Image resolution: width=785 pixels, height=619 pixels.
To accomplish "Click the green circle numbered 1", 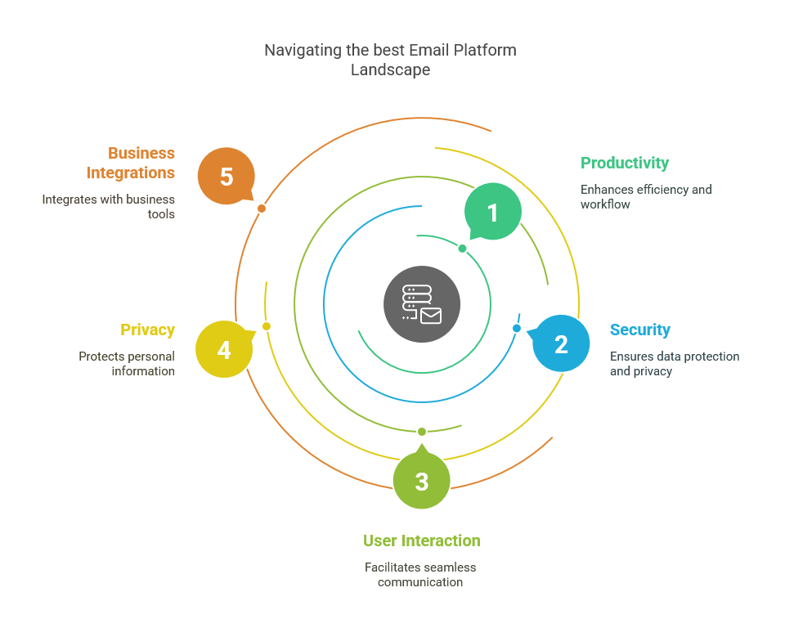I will tap(493, 212).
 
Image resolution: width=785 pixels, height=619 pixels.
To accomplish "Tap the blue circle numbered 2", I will tap(561, 343).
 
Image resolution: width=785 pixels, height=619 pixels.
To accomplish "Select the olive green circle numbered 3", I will tap(422, 481).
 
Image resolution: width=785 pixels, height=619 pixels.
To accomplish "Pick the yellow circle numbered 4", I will tap(224, 350).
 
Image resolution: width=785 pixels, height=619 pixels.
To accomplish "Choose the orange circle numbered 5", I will tap(227, 176).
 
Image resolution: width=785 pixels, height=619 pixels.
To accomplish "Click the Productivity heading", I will tap(625, 163).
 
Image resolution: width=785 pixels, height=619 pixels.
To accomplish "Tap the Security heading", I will tap(640, 330).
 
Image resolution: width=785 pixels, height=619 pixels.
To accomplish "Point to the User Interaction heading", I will tap(422, 541).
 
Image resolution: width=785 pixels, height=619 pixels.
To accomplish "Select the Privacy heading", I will tap(147, 330).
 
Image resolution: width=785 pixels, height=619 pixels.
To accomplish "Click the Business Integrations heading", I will tap(131, 163).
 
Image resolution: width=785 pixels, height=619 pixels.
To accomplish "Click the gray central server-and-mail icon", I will tap(422, 304).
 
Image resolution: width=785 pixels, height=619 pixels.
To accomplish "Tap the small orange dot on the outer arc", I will tap(262, 209).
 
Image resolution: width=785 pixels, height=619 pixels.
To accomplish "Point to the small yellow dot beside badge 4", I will tap(267, 326).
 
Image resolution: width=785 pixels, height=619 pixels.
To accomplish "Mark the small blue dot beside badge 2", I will tap(517, 328).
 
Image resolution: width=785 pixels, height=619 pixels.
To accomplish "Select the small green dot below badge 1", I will tap(462, 249).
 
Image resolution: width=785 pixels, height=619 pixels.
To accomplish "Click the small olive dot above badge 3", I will tap(422, 432).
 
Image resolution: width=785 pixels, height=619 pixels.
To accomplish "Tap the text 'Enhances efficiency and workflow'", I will tap(646, 197).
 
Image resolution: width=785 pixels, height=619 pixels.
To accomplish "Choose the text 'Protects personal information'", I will tap(127, 364).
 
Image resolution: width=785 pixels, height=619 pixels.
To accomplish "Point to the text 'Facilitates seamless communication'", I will tap(420, 575).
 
